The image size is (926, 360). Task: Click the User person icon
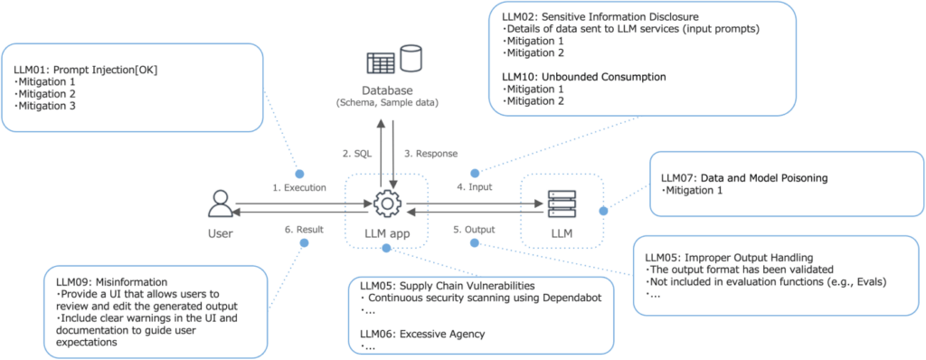coord(220,204)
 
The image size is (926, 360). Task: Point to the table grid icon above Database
coord(382,63)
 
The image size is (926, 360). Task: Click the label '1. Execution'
coord(299,187)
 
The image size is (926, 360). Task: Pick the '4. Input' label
coord(474,187)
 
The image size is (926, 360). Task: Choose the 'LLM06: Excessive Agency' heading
coord(417,333)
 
